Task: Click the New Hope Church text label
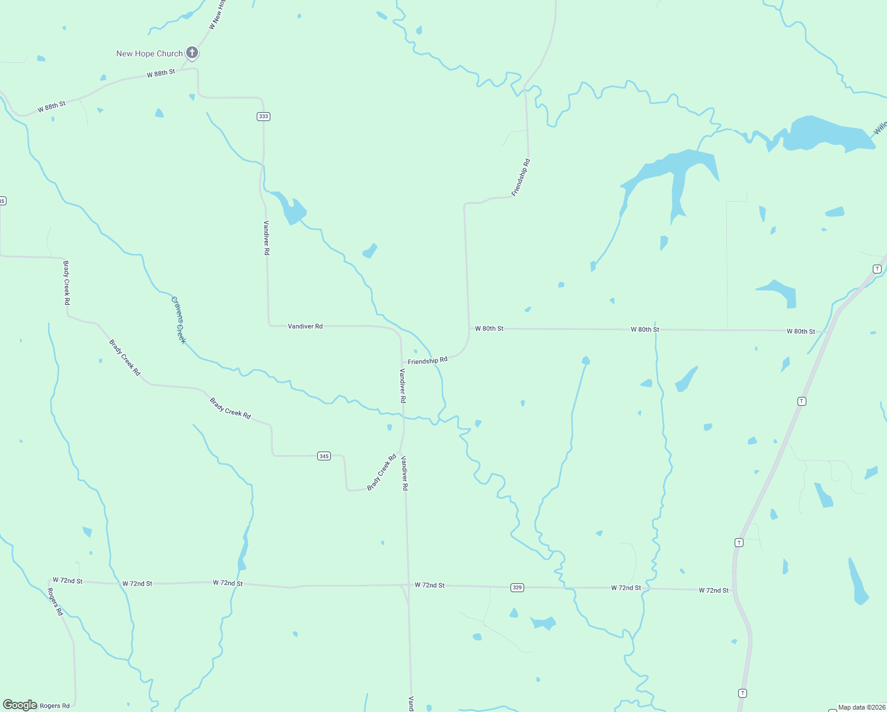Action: coord(149,53)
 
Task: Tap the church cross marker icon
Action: coord(192,53)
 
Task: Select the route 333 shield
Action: coord(264,116)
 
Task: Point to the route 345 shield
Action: coord(324,456)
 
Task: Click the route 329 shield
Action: coord(517,587)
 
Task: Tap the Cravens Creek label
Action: coord(178,320)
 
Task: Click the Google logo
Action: coord(20,705)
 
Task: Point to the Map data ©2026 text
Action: coord(862,707)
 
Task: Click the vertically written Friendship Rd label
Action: coord(521,177)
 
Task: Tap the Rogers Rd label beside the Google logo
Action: coord(55,705)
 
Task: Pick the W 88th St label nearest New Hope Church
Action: coord(161,73)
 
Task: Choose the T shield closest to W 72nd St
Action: coord(739,542)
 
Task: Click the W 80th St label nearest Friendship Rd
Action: coord(489,328)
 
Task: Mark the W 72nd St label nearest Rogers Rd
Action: coord(68,580)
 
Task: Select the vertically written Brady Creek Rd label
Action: coord(66,283)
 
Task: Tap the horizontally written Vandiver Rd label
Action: coord(305,326)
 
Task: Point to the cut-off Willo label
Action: coord(880,128)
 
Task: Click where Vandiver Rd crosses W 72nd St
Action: coord(407,585)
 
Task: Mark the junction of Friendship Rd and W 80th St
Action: coord(468,328)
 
